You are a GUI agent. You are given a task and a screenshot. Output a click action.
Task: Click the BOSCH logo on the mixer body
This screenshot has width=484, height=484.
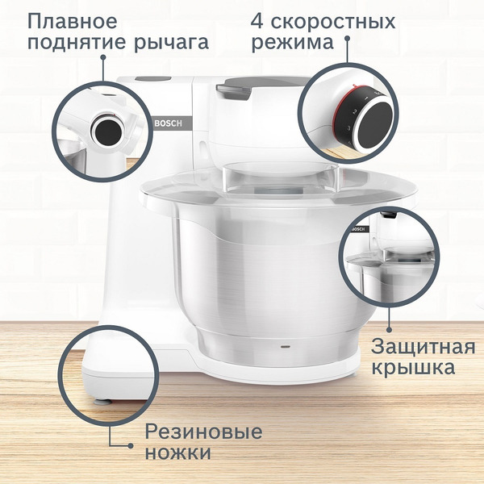tap(167, 123)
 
